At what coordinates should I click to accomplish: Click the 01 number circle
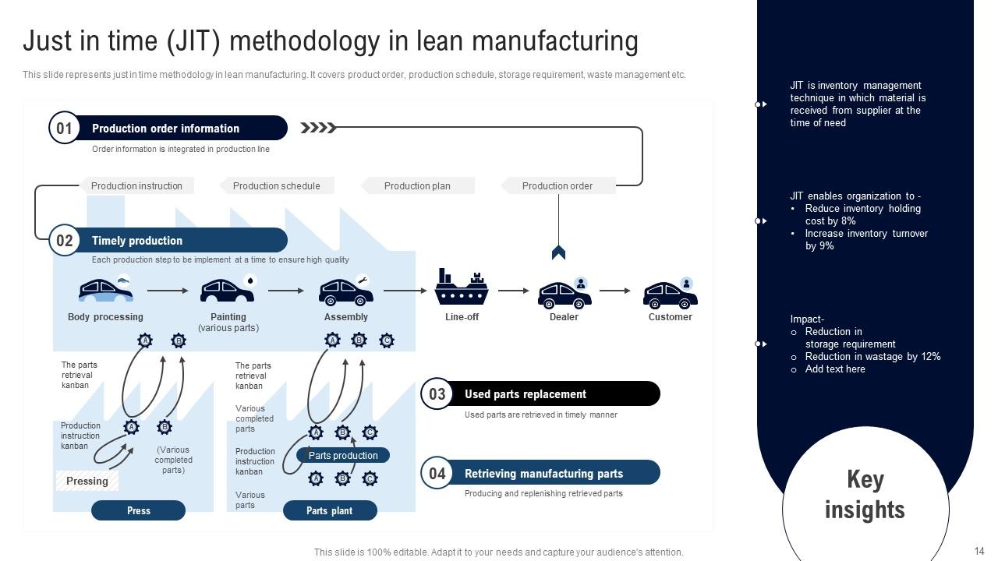(x=64, y=129)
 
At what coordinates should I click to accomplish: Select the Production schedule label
(x=276, y=185)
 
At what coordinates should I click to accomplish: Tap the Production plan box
(x=417, y=185)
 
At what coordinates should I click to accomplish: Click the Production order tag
(x=557, y=185)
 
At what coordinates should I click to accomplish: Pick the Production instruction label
(x=136, y=185)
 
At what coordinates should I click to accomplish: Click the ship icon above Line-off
(x=462, y=288)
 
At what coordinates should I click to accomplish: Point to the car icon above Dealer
(x=564, y=293)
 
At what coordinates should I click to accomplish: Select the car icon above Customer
(x=670, y=293)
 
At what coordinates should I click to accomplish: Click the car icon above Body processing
(x=105, y=291)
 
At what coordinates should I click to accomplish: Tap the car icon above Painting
(x=227, y=291)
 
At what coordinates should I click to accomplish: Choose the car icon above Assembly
(x=345, y=291)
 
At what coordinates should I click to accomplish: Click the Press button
(x=138, y=510)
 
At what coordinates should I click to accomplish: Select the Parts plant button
(x=330, y=510)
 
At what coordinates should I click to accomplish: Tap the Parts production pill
(x=343, y=455)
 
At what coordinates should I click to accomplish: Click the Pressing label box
(x=87, y=481)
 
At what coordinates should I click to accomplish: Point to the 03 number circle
(x=437, y=394)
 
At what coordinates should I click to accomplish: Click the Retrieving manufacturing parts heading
(x=543, y=473)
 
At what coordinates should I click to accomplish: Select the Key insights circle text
(x=865, y=494)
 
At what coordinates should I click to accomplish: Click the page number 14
(x=979, y=550)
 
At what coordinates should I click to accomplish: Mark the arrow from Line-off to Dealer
(x=513, y=291)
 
